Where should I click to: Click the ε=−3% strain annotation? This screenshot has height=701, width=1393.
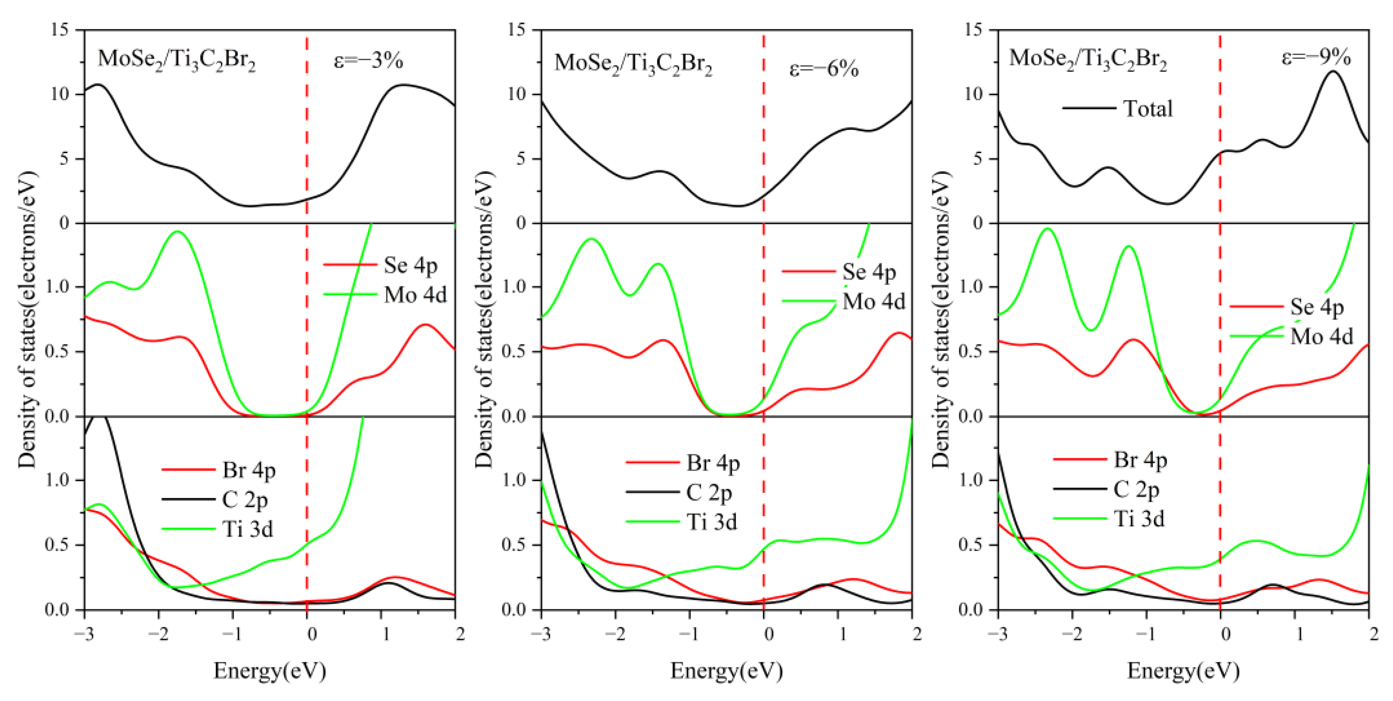pyautogui.click(x=368, y=60)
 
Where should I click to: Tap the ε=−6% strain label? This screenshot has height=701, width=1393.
pyautogui.click(x=824, y=69)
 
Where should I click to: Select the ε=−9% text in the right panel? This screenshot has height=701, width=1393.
pyautogui.click(x=1316, y=57)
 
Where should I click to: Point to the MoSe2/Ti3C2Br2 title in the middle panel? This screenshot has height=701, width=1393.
pyautogui.click(x=633, y=63)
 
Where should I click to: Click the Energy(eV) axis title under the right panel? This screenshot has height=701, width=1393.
pyautogui.click(x=1183, y=671)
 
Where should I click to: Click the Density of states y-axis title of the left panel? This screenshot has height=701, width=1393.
pyautogui.click(x=27, y=319)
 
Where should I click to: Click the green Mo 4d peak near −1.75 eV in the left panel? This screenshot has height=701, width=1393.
pyautogui.click(x=178, y=231)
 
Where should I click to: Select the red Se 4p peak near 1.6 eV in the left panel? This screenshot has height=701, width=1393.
pyautogui.click(x=426, y=325)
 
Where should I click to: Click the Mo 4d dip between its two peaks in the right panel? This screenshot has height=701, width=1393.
pyautogui.click(x=1092, y=330)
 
